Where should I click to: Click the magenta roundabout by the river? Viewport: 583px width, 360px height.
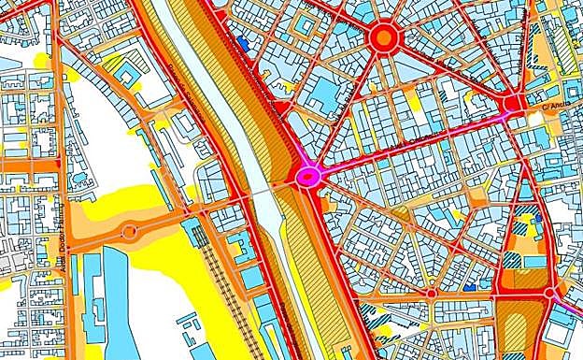(x=308, y=175)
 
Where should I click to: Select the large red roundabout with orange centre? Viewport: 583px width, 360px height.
(x=383, y=38)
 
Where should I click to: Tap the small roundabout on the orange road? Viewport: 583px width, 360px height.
(x=129, y=231)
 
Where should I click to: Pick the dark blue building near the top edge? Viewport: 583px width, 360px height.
(x=244, y=42)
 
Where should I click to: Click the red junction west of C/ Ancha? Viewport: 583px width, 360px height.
(x=511, y=105)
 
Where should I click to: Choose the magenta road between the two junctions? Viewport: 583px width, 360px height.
(x=411, y=140)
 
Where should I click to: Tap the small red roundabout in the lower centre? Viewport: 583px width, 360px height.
(x=431, y=294)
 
